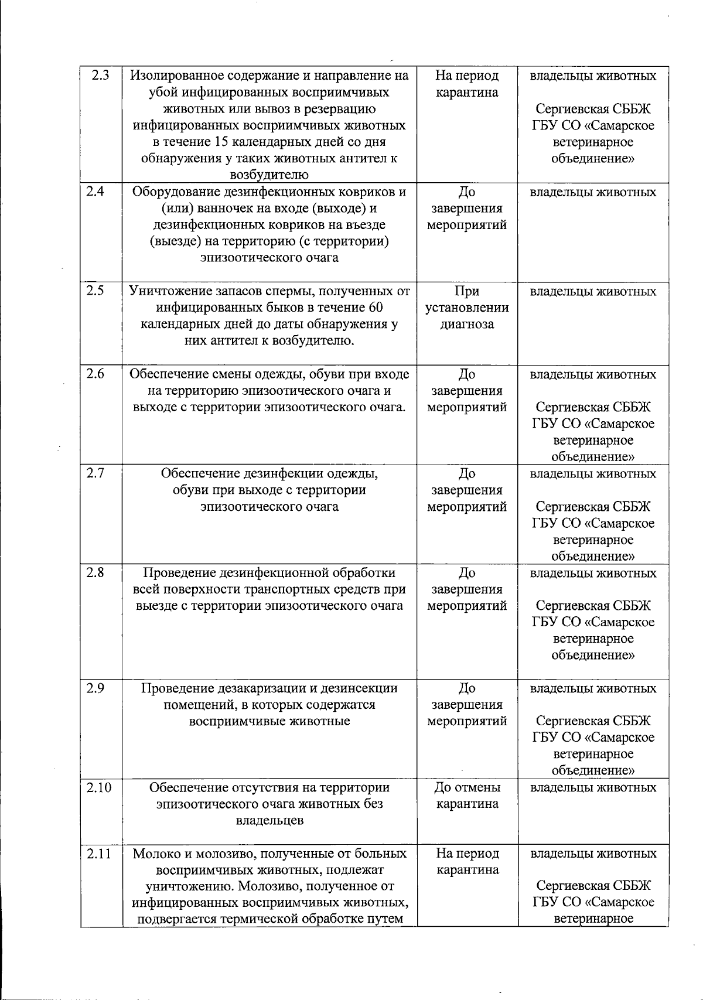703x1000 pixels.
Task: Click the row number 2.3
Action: (100, 76)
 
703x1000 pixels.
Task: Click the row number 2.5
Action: (94, 291)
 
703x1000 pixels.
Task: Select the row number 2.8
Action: (94, 572)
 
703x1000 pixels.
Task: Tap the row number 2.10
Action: (98, 787)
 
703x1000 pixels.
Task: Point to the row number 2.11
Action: (98, 854)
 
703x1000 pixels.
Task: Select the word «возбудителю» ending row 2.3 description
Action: (269, 175)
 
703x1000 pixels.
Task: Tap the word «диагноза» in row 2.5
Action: (467, 324)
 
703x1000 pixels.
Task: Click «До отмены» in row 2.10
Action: (467, 787)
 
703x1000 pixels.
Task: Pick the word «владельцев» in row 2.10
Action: (269, 820)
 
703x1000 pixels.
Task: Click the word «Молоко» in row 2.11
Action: (153, 854)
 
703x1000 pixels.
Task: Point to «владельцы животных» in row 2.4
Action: (593, 192)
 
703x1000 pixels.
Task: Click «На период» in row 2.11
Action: (467, 854)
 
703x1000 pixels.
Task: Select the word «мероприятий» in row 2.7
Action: (467, 507)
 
